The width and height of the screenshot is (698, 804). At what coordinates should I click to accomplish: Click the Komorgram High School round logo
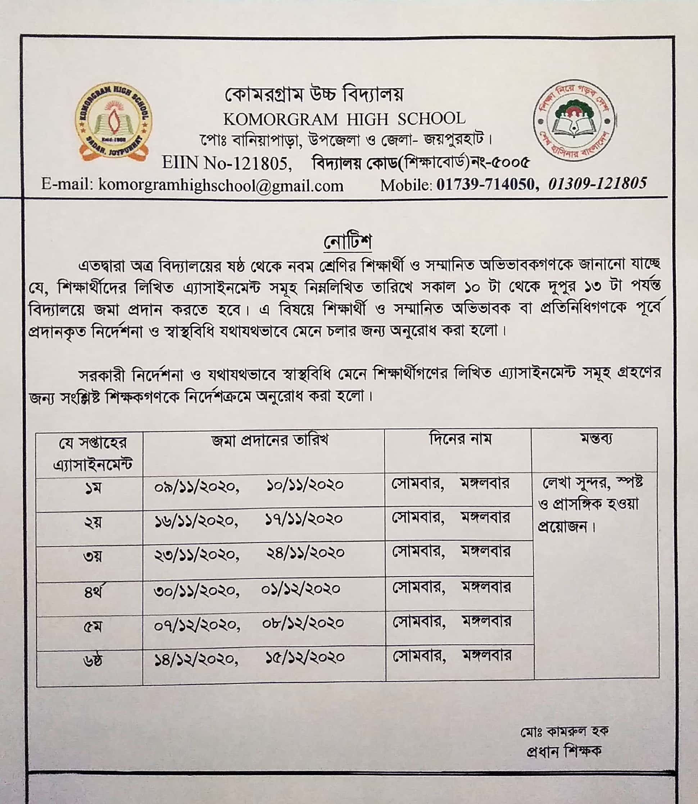click(x=113, y=122)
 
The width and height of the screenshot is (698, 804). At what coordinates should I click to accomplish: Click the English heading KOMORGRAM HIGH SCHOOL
click(x=344, y=119)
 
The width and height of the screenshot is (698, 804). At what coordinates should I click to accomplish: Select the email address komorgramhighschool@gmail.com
click(x=221, y=185)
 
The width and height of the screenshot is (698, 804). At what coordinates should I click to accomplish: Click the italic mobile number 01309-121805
click(x=598, y=183)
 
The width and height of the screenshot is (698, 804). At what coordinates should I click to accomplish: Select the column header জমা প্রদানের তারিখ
click(x=270, y=440)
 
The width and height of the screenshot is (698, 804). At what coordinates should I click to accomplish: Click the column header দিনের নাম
click(x=460, y=439)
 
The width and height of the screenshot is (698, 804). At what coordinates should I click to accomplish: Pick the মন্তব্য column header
click(x=596, y=439)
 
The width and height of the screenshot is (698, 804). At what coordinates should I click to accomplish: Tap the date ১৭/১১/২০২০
click(x=304, y=519)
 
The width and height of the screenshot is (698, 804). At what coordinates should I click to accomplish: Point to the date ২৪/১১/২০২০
click(x=305, y=553)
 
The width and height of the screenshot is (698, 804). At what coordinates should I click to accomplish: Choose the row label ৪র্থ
click(x=93, y=593)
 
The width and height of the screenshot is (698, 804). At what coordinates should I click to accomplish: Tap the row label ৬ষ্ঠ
click(x=93, y=662)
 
